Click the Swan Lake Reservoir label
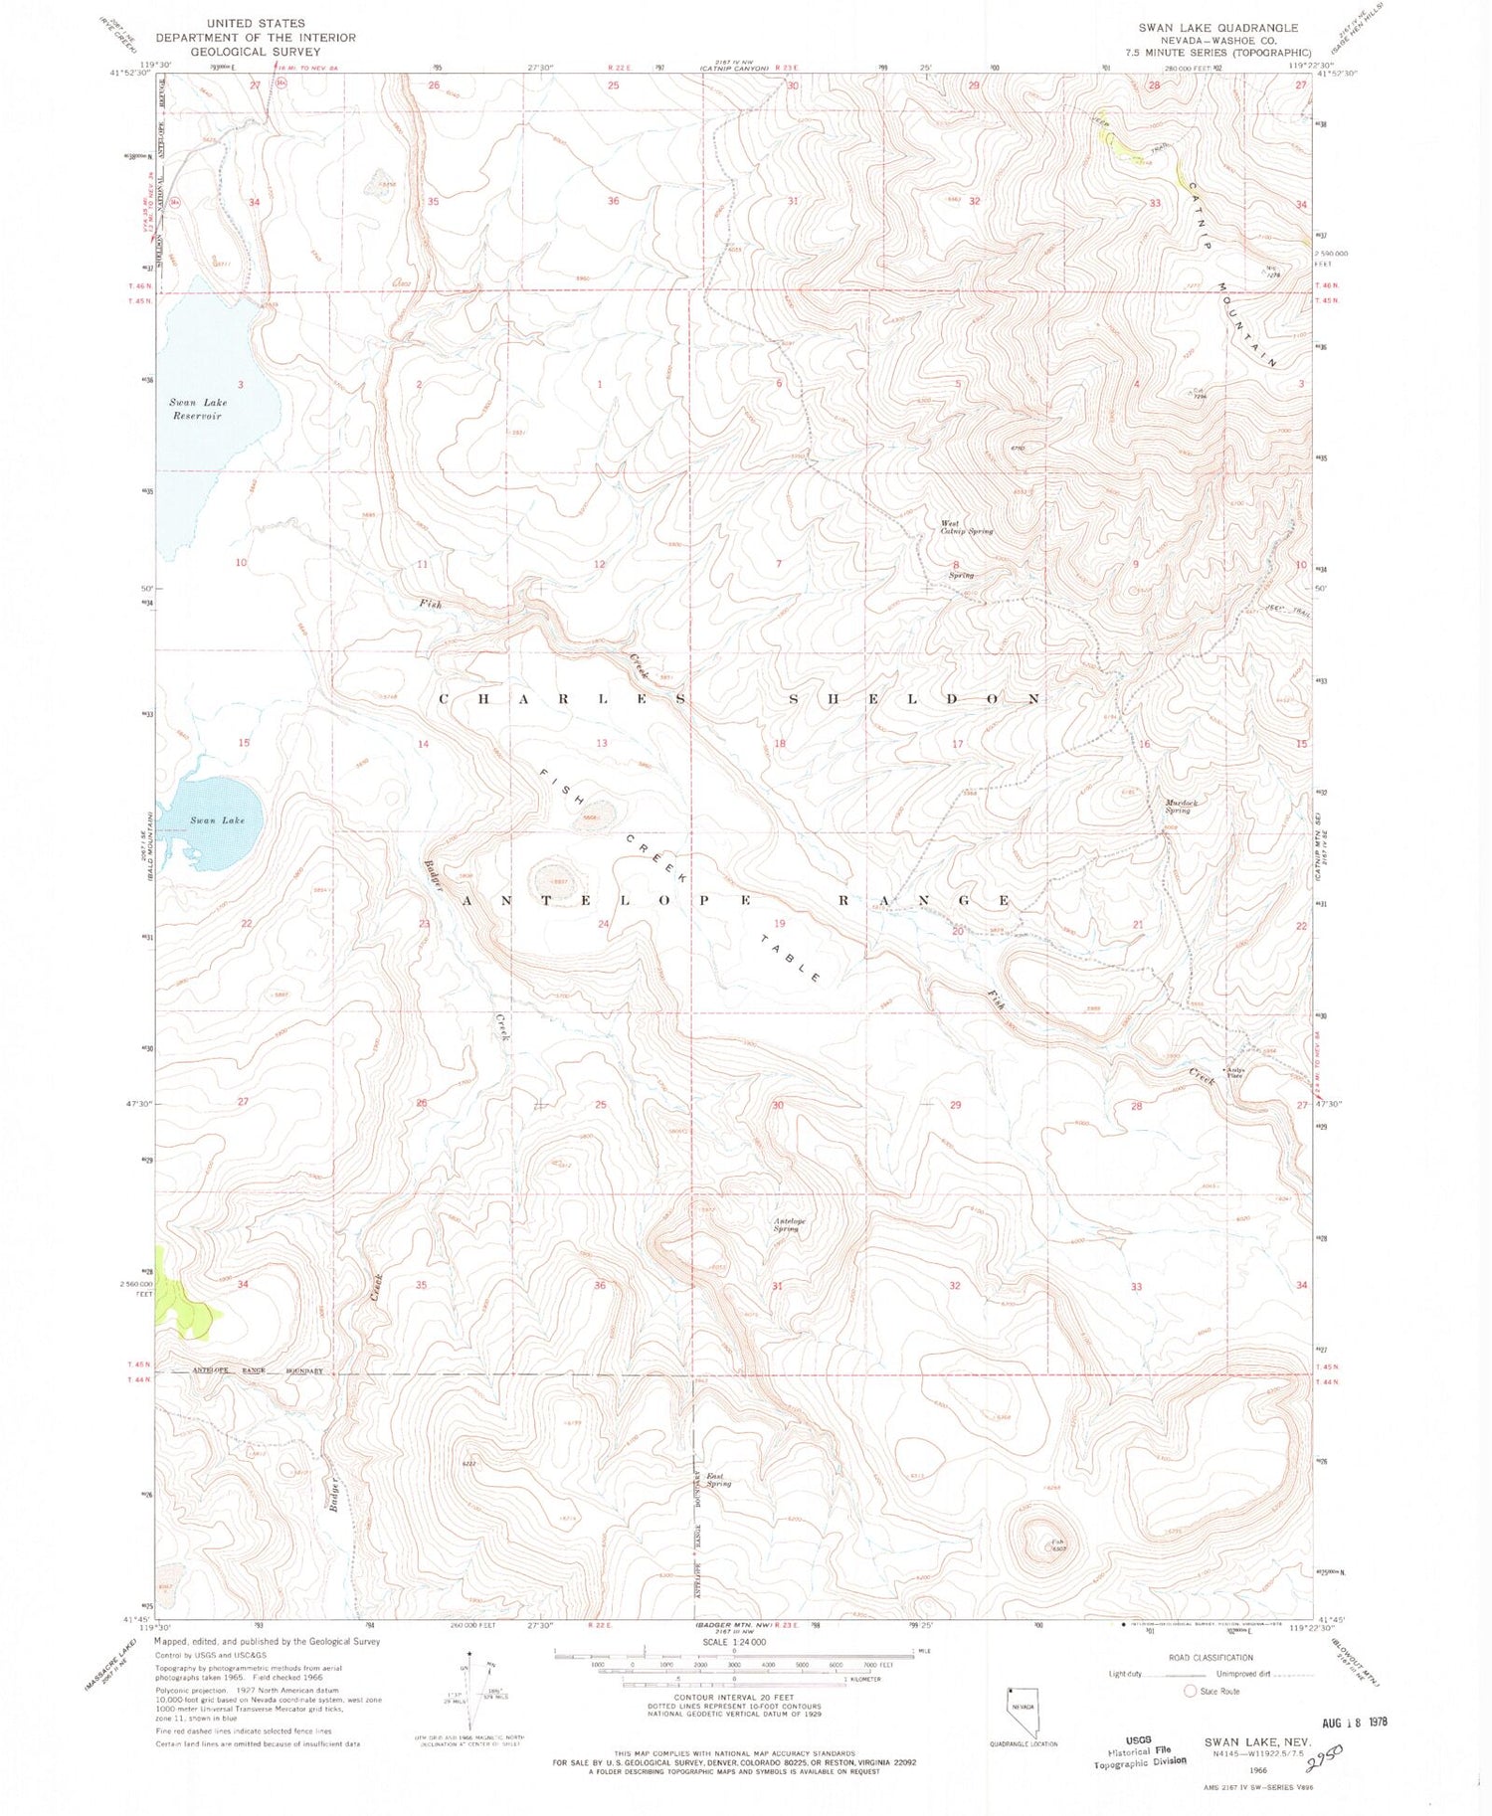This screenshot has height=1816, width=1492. [x=198, y=409]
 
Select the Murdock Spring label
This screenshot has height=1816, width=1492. [x=1181, y=806]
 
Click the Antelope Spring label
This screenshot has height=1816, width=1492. [x=786, y=1225]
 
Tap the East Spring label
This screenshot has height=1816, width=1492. [x=717, y=1480]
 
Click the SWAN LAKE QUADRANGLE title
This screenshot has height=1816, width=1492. [x=1217, y=28]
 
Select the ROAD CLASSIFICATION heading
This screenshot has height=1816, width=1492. [x=1211, y=1658]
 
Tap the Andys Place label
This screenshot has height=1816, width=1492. [x=1234, y=1072]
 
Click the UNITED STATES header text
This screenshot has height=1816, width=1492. [x=256, y=23]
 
